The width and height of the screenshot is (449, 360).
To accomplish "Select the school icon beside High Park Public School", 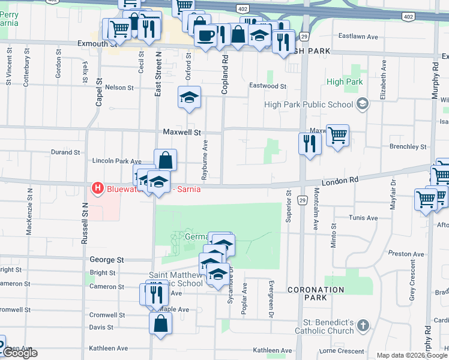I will coord(362,104).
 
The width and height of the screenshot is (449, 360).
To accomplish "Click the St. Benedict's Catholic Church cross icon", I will coord(363,326).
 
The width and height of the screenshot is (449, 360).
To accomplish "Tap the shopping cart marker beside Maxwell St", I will coord(338,136).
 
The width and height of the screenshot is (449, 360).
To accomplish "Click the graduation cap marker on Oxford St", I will coord(189,98).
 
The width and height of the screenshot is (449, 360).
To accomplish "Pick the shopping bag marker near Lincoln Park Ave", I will coord(166,160).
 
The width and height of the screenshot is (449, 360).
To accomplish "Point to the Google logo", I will coord(19,353).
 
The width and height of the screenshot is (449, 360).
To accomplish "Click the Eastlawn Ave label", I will coord(358,37).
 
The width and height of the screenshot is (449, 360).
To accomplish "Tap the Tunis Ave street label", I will coord(366,218).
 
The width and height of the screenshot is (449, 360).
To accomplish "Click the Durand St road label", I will coord(65,152).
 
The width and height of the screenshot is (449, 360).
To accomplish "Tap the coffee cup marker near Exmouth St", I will coord(205,35).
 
